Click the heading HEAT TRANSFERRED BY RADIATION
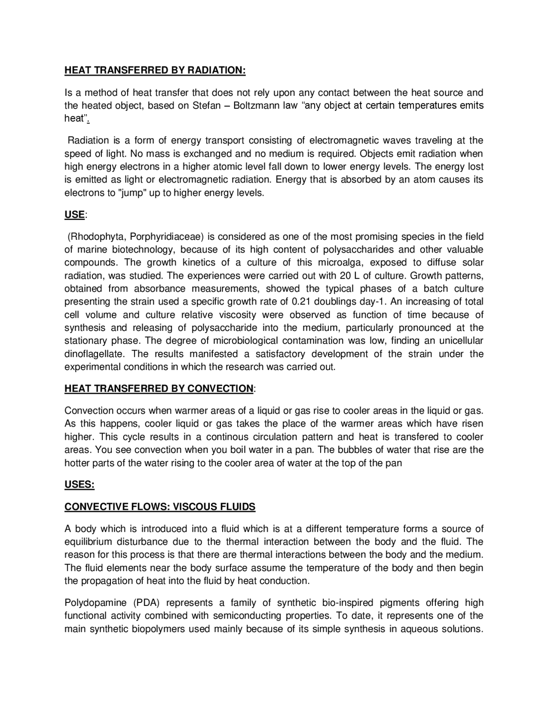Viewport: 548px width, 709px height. tap(155, 70)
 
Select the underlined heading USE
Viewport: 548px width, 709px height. tap(74, 214)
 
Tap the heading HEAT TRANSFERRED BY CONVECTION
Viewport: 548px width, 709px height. tap(159, 388)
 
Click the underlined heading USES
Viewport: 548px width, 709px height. tap(79, 485)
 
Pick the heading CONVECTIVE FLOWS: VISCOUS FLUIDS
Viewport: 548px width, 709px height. tap(160, 506)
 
